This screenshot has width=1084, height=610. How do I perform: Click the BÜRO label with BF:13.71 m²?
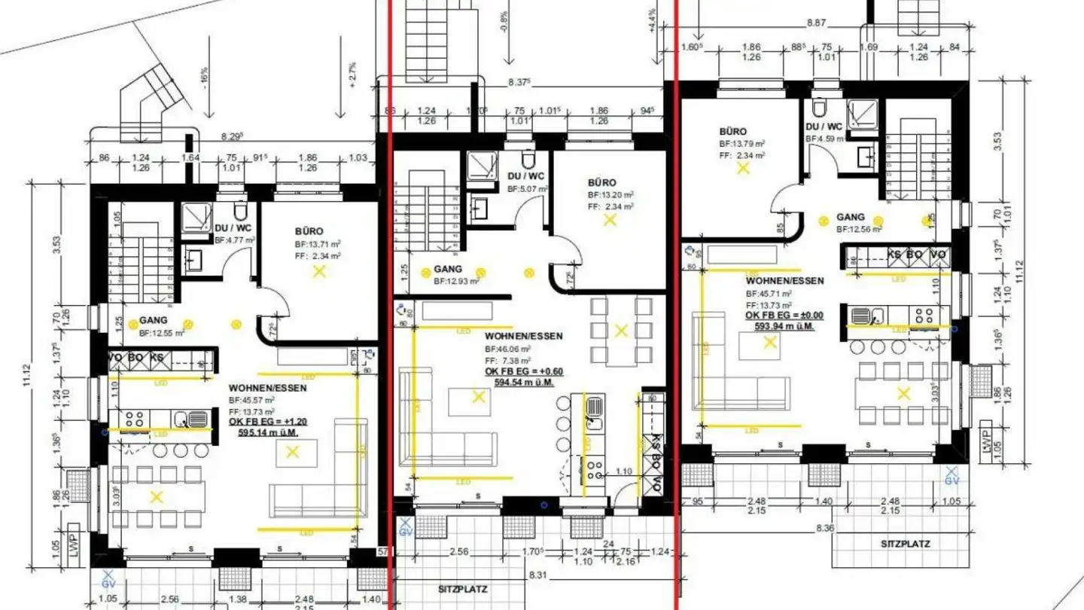point(309,231)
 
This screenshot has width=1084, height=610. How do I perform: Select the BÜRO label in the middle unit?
point(602,182)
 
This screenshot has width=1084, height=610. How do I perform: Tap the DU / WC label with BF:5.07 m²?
point(525,176)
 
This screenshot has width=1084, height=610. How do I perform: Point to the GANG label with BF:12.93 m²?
point(448,270)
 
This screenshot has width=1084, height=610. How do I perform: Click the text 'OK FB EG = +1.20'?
point(266,422)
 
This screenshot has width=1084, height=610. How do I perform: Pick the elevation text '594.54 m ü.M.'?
point(519,383)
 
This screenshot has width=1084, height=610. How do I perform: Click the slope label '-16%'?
point(203,77)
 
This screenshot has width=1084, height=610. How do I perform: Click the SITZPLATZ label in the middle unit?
point(459,588)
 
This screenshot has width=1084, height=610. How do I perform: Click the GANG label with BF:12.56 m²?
point(851,217)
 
